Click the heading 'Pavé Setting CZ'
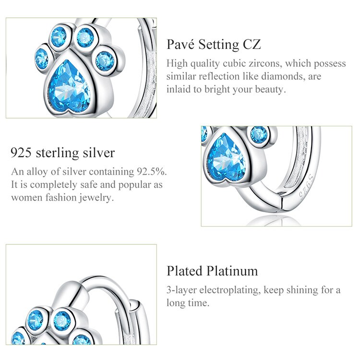(214, 45)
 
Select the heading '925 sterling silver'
(62, 153)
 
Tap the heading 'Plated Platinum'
(212, 271)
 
